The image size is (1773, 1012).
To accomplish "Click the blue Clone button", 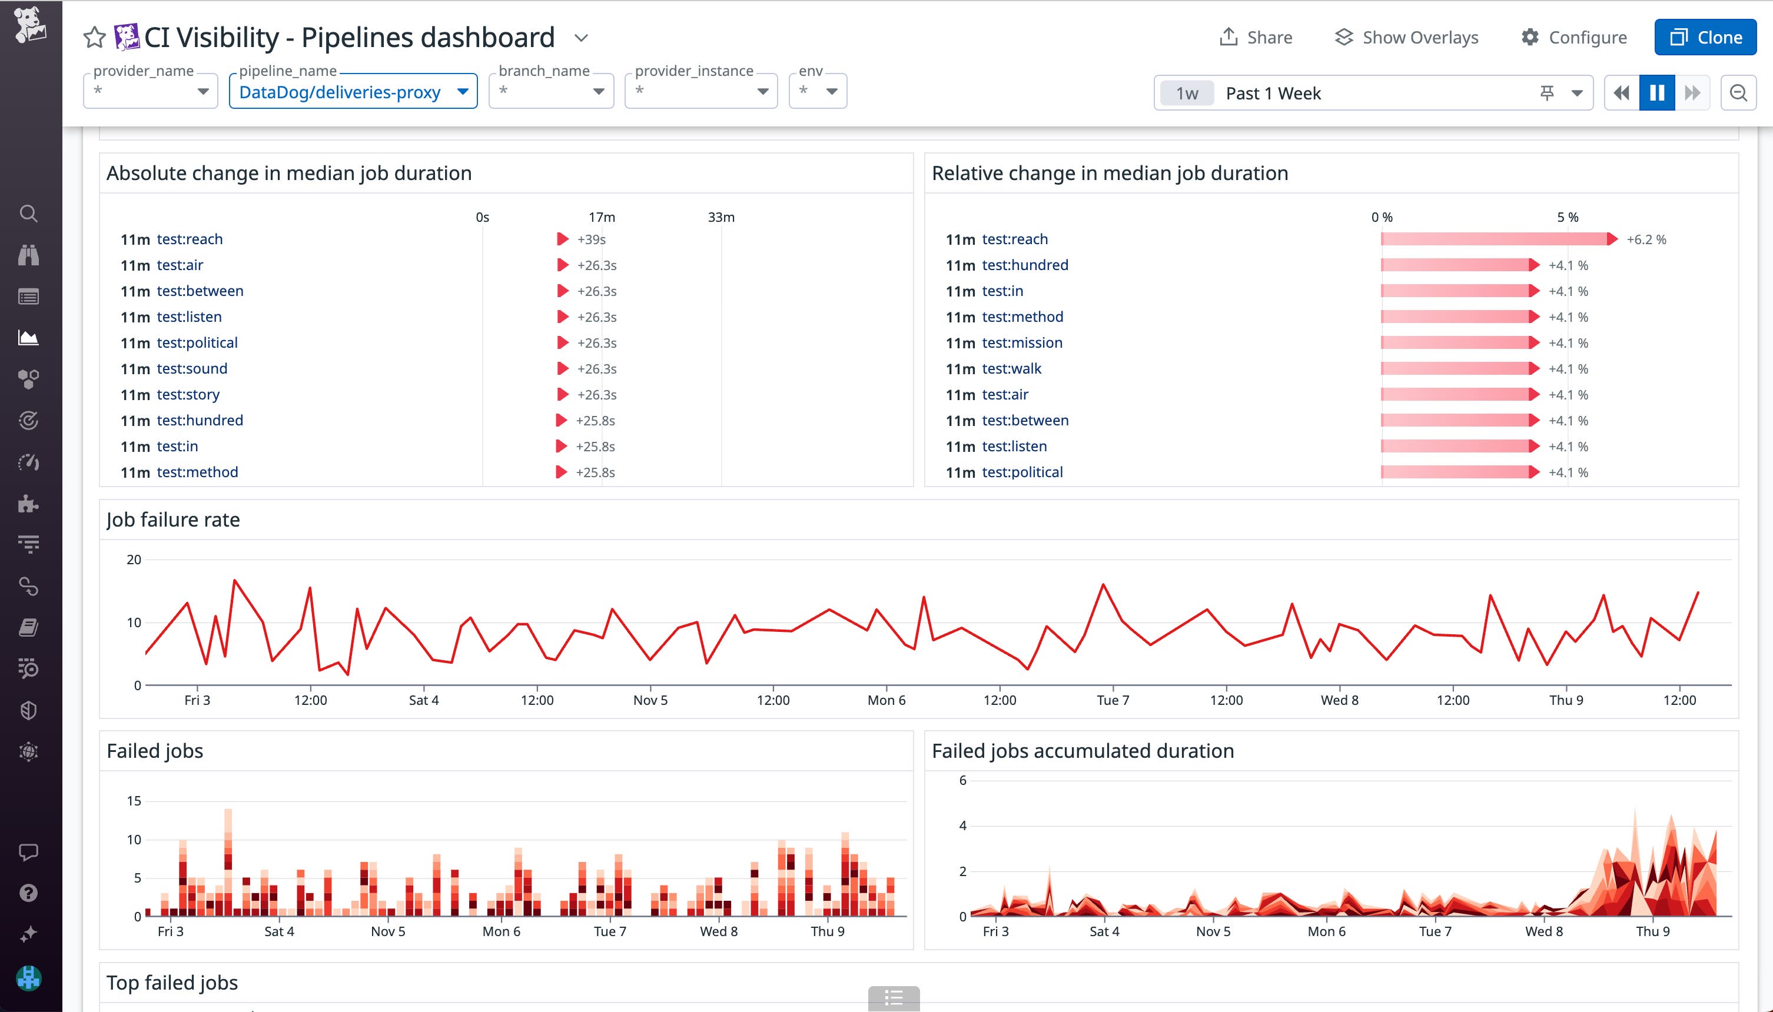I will coord(1705,38).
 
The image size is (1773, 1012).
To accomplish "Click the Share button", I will coord(1256,38).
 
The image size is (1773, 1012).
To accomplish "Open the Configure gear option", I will coord(1573,38).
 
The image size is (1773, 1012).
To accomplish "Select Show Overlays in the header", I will coord(1407,38).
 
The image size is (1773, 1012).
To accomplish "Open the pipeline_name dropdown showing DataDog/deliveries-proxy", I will coord(353,92).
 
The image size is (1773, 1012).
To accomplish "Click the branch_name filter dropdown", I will coord(550,92).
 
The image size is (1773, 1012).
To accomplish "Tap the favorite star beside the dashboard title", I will coord(94,38).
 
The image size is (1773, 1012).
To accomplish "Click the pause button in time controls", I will coord(1657,92).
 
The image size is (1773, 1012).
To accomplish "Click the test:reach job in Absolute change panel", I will coord(190,239).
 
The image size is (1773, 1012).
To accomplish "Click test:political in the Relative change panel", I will coord(1022,472).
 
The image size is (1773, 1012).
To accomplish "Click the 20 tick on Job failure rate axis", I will coord(134,560).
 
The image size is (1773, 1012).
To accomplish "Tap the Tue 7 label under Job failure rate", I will coord(1113,700).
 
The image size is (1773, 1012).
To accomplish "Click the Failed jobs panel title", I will coord(155,751).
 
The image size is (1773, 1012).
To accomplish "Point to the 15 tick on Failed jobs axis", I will coord(134,801).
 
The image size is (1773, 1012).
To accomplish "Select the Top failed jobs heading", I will coord(172,982).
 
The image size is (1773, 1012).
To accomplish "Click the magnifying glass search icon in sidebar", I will coord(28,214).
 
